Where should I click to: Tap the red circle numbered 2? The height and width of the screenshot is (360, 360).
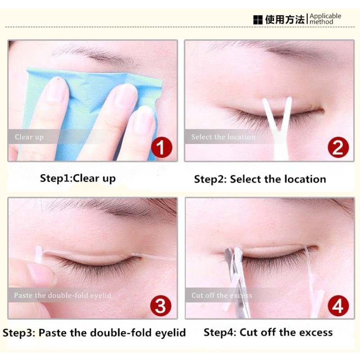(x=338, y=147)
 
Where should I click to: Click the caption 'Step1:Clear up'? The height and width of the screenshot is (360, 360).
(x=78, y=178)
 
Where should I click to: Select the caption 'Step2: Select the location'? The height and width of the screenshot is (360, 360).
(x=260, y=179)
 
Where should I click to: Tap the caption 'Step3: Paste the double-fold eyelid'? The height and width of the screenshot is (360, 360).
(x=94, y=333)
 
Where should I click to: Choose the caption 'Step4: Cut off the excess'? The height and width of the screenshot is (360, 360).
(x=268, y=333)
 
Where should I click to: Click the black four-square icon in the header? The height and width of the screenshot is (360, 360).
(x=257, y=20)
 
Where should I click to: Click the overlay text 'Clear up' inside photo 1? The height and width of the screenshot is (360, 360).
(x=29, y=137)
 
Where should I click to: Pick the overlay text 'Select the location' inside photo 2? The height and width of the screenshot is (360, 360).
(x=223, y=137)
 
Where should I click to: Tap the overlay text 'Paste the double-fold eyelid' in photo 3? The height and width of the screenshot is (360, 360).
(x=63, y=296)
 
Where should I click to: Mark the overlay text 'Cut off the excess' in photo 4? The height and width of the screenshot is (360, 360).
(x=222, y=296)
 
